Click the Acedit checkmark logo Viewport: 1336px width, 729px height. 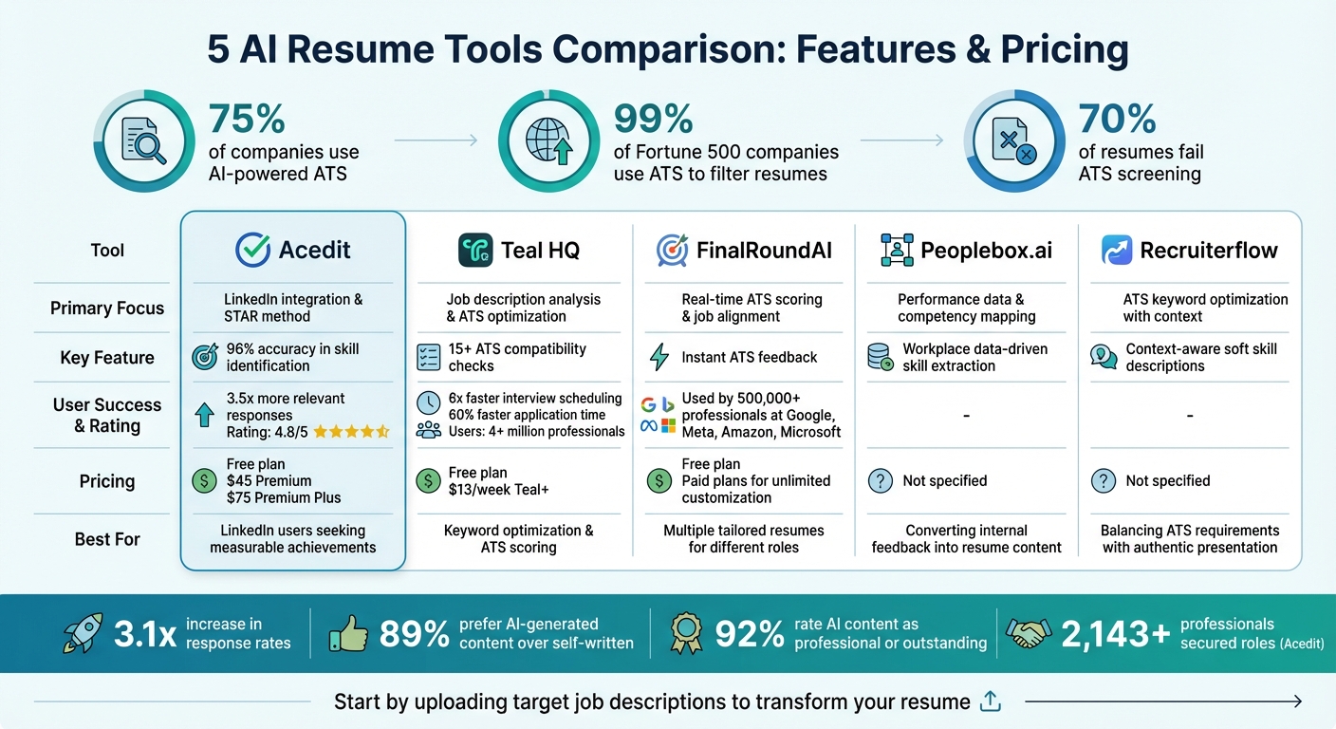pyautogui.click(x=252, y=251)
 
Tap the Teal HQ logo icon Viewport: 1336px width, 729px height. pyautogui.click(x=475, y=251)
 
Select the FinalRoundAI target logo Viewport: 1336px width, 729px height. pyautogui.click(x=672, y=251)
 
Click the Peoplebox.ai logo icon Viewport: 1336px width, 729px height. pyautogui.click(x=897, y=251)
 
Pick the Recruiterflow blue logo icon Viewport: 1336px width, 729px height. pyautogui.click(x=1117, y=251)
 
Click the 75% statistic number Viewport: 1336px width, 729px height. pyautogui.click(x=247, y=120)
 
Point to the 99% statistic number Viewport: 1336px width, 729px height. pyautogui.click(x=653, y=120)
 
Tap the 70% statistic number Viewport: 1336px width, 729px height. pyautogui.click(x=1117, y=120)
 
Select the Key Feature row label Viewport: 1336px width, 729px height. pyautogui.click(x=107, y=358)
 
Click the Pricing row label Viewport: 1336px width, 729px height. pyautogui.click(x=107, y=481)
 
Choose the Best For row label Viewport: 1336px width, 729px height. pyautogui.click(x=107, y=539)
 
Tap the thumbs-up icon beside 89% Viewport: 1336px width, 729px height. pyautogui.click(x=347, y=634)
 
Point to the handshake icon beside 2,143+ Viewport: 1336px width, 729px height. pyautogui.click(x=1028, y=634)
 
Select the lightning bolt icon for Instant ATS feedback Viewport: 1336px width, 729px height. pyautogui.click(x=659, y=358)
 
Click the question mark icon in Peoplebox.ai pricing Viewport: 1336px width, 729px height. pyautogui.click(x=880, y=481)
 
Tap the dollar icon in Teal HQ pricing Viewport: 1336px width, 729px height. pyautogui.click(x=429, y=481)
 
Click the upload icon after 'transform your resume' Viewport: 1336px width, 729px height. pyautogui.click(x=991, y=701)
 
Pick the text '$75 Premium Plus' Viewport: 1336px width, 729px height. pyautogui.click(x=284, y=497)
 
